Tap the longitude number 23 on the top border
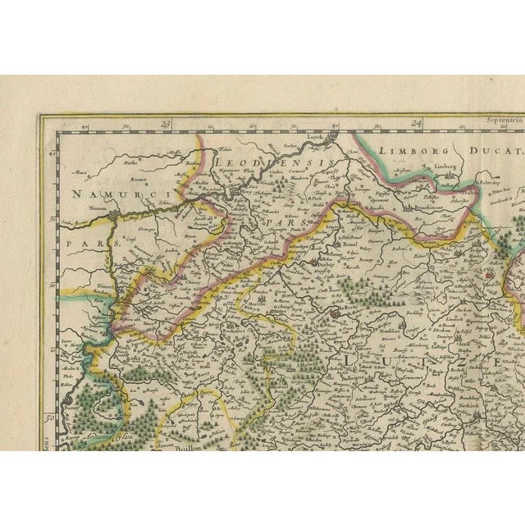[x=165, y=124]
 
